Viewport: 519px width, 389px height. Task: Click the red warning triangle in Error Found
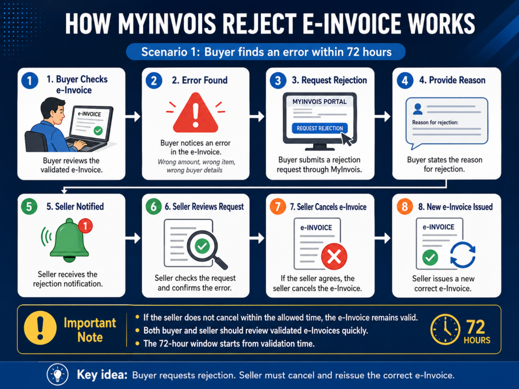[x=196, y=114]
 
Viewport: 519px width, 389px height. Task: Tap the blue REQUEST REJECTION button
[x=320, y=128]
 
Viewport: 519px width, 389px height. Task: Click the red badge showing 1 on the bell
[x=85, y=226]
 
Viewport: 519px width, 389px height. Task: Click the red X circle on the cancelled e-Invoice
[x=335, y=256]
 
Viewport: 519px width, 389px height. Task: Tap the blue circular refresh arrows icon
[x=463, y=255]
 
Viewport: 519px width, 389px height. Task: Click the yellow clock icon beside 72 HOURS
[x=445, y=329]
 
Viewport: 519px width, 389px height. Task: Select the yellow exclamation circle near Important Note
[x=40, y=328]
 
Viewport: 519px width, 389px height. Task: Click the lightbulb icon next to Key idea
[x=58, y=374]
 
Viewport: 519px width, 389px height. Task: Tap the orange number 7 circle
[x=278, y=207]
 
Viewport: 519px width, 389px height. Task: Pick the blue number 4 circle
[x=404, y=81]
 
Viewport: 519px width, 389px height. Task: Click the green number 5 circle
[x=29, y=207]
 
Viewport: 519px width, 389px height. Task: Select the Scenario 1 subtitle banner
[x=266, y=52]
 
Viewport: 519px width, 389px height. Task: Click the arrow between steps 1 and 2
[x=133, y=116]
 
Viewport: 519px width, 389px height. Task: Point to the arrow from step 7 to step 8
[x=383, y=238]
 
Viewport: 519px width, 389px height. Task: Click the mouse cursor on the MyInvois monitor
[x=347, y=139]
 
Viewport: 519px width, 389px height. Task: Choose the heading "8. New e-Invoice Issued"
[x=455, y=207]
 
